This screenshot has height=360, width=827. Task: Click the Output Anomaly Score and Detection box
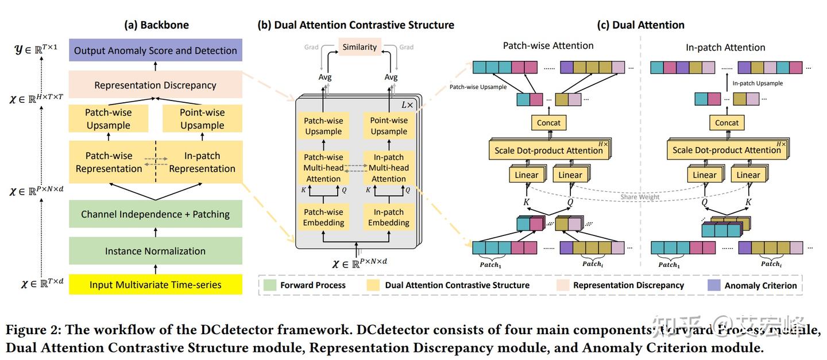click(x=155, y=51)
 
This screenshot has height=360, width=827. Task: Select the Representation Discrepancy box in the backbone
click(x=155, y=85)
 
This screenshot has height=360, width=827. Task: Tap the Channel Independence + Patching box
click(x=155, y=214)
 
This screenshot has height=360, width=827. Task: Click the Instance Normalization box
click(x=155, y=251)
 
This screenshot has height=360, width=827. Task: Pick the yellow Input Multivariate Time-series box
click(x=155, y=285)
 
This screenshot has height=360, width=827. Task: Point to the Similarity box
click(x=360, y=47)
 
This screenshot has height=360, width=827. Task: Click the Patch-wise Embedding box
click(x=324, y=217)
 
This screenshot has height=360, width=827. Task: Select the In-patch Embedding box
click(x=389, y=217)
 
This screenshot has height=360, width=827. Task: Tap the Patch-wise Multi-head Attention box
click(x=324, y=168)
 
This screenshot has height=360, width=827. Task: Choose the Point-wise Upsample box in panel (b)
click(x=389, y=126)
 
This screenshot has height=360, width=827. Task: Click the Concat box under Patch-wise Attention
click(x=549, y=122)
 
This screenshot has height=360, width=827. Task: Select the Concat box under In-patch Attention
click(x=727, y=122)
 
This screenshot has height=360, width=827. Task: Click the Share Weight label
click(x=640, y=197)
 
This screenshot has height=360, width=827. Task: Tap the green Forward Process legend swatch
click(x=270, y=285)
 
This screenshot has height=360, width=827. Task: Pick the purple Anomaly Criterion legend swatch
click(x=714, y=285)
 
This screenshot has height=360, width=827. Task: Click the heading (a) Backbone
click(x=156, y=25)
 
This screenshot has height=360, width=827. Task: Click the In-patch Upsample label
click(x=758, y=83)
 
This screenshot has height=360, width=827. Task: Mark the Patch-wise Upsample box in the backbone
click(x=108, y=119)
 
